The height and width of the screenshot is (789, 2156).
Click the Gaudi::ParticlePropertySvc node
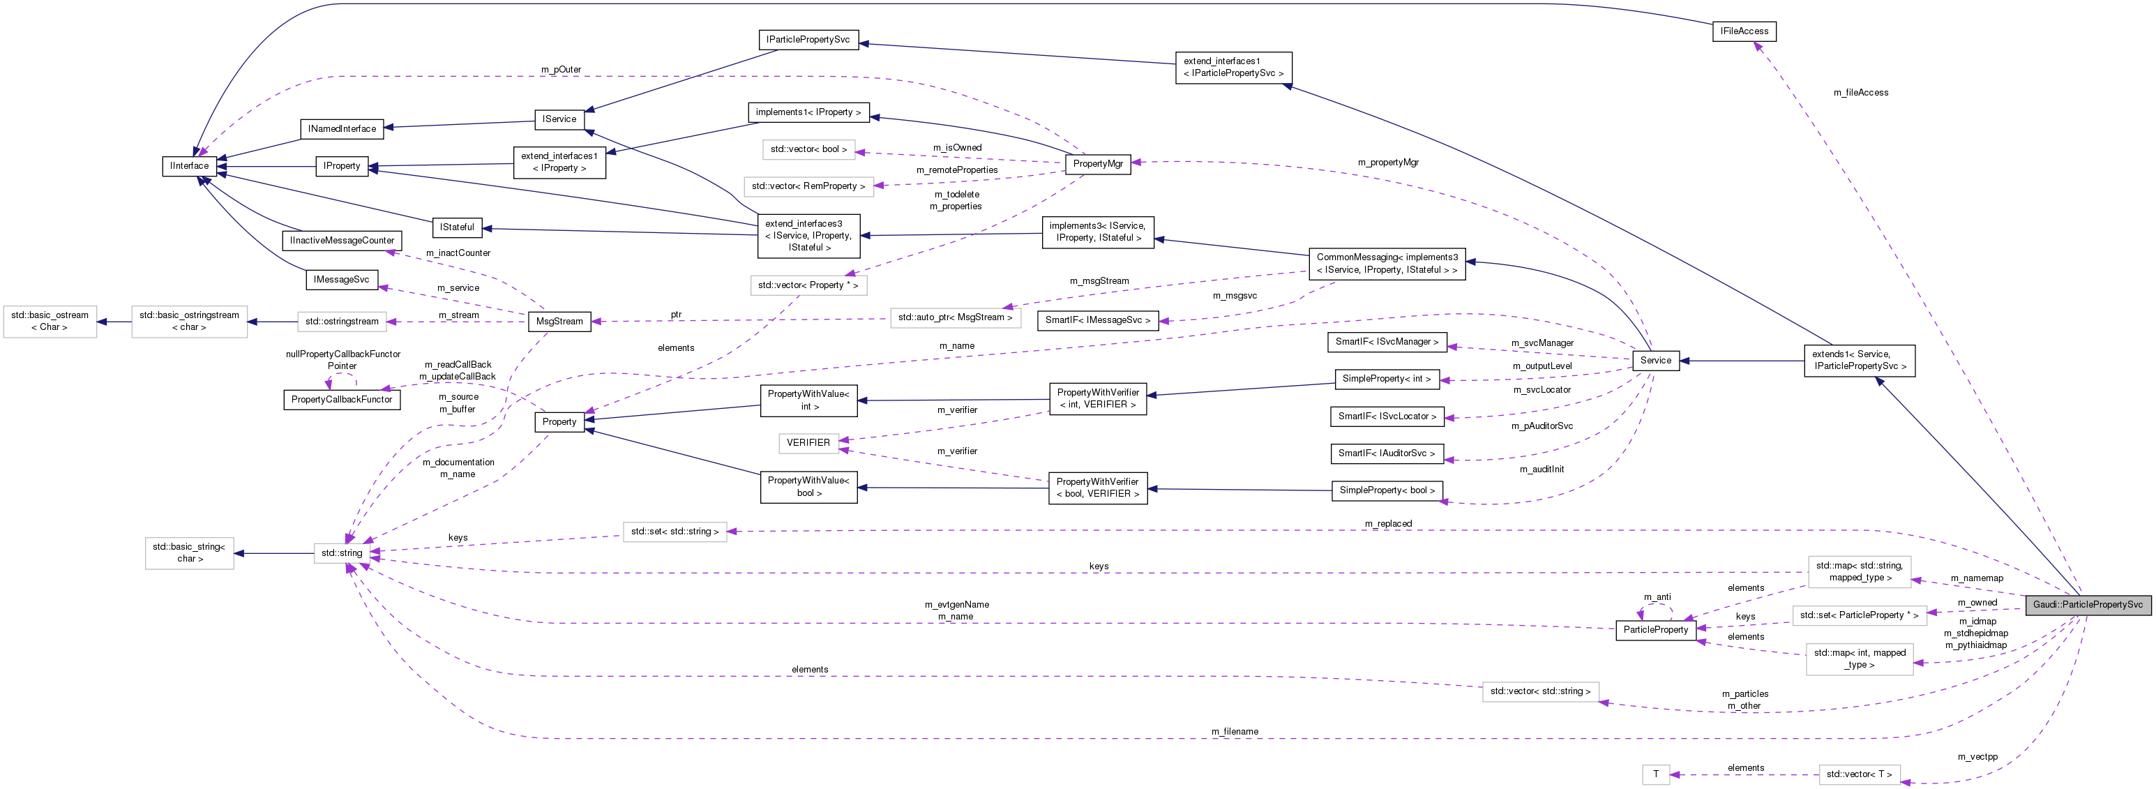click(2088, 605)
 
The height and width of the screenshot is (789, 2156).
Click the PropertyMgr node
click(1097, 164)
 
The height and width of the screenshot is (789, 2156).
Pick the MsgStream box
click(559, 322)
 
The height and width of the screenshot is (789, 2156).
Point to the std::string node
click(342, 553)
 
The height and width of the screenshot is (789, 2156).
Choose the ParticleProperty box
click(1654, 630)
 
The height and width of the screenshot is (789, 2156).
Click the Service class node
click(1654, 361)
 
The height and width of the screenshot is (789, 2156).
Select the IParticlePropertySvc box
click(808, 39)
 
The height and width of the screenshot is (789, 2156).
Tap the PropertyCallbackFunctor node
click(342, 400)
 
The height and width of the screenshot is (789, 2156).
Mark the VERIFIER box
click(808, 442)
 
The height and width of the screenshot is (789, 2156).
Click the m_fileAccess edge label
click(1860, 93)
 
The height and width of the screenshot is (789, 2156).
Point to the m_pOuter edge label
click(561, 70)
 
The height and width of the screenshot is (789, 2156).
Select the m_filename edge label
click(1234, 732)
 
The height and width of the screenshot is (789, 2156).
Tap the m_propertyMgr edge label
click(1387, 163)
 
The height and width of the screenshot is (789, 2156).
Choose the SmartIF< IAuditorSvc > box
click(1386, 453)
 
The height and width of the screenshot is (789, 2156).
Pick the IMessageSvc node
click(342, 280)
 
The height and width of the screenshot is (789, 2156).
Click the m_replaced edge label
click(1387, 524)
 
